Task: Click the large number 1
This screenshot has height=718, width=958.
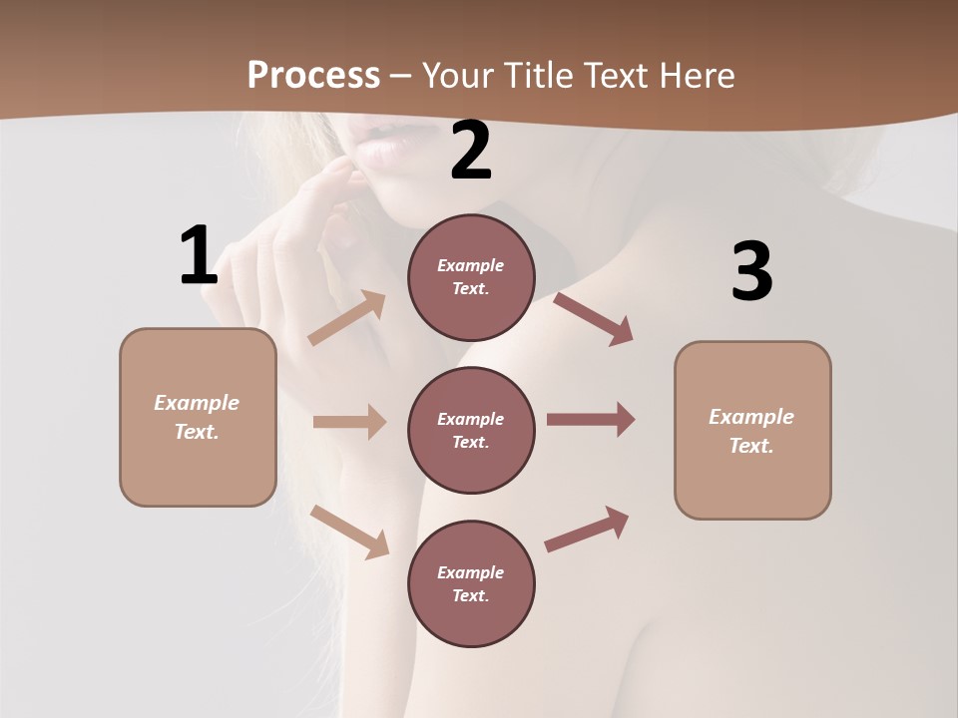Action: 199,256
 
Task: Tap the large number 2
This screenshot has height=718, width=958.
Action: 471,152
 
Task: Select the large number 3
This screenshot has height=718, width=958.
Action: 751,271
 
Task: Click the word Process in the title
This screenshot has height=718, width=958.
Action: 313,75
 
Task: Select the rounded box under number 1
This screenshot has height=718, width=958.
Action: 198,417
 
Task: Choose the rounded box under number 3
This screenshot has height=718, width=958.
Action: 752,430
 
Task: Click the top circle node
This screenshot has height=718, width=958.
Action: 471,277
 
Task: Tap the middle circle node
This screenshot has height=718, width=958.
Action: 471,430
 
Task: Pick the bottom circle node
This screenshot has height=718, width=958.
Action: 471,583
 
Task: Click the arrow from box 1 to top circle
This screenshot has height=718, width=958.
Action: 347,317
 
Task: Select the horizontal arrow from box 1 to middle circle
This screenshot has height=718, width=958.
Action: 349,422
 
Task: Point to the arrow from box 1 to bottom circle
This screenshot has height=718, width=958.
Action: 349,532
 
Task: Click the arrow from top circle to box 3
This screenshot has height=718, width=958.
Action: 594,318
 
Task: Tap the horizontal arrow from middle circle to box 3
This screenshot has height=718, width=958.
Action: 591,420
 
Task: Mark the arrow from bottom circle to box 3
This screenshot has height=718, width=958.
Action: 588,529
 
